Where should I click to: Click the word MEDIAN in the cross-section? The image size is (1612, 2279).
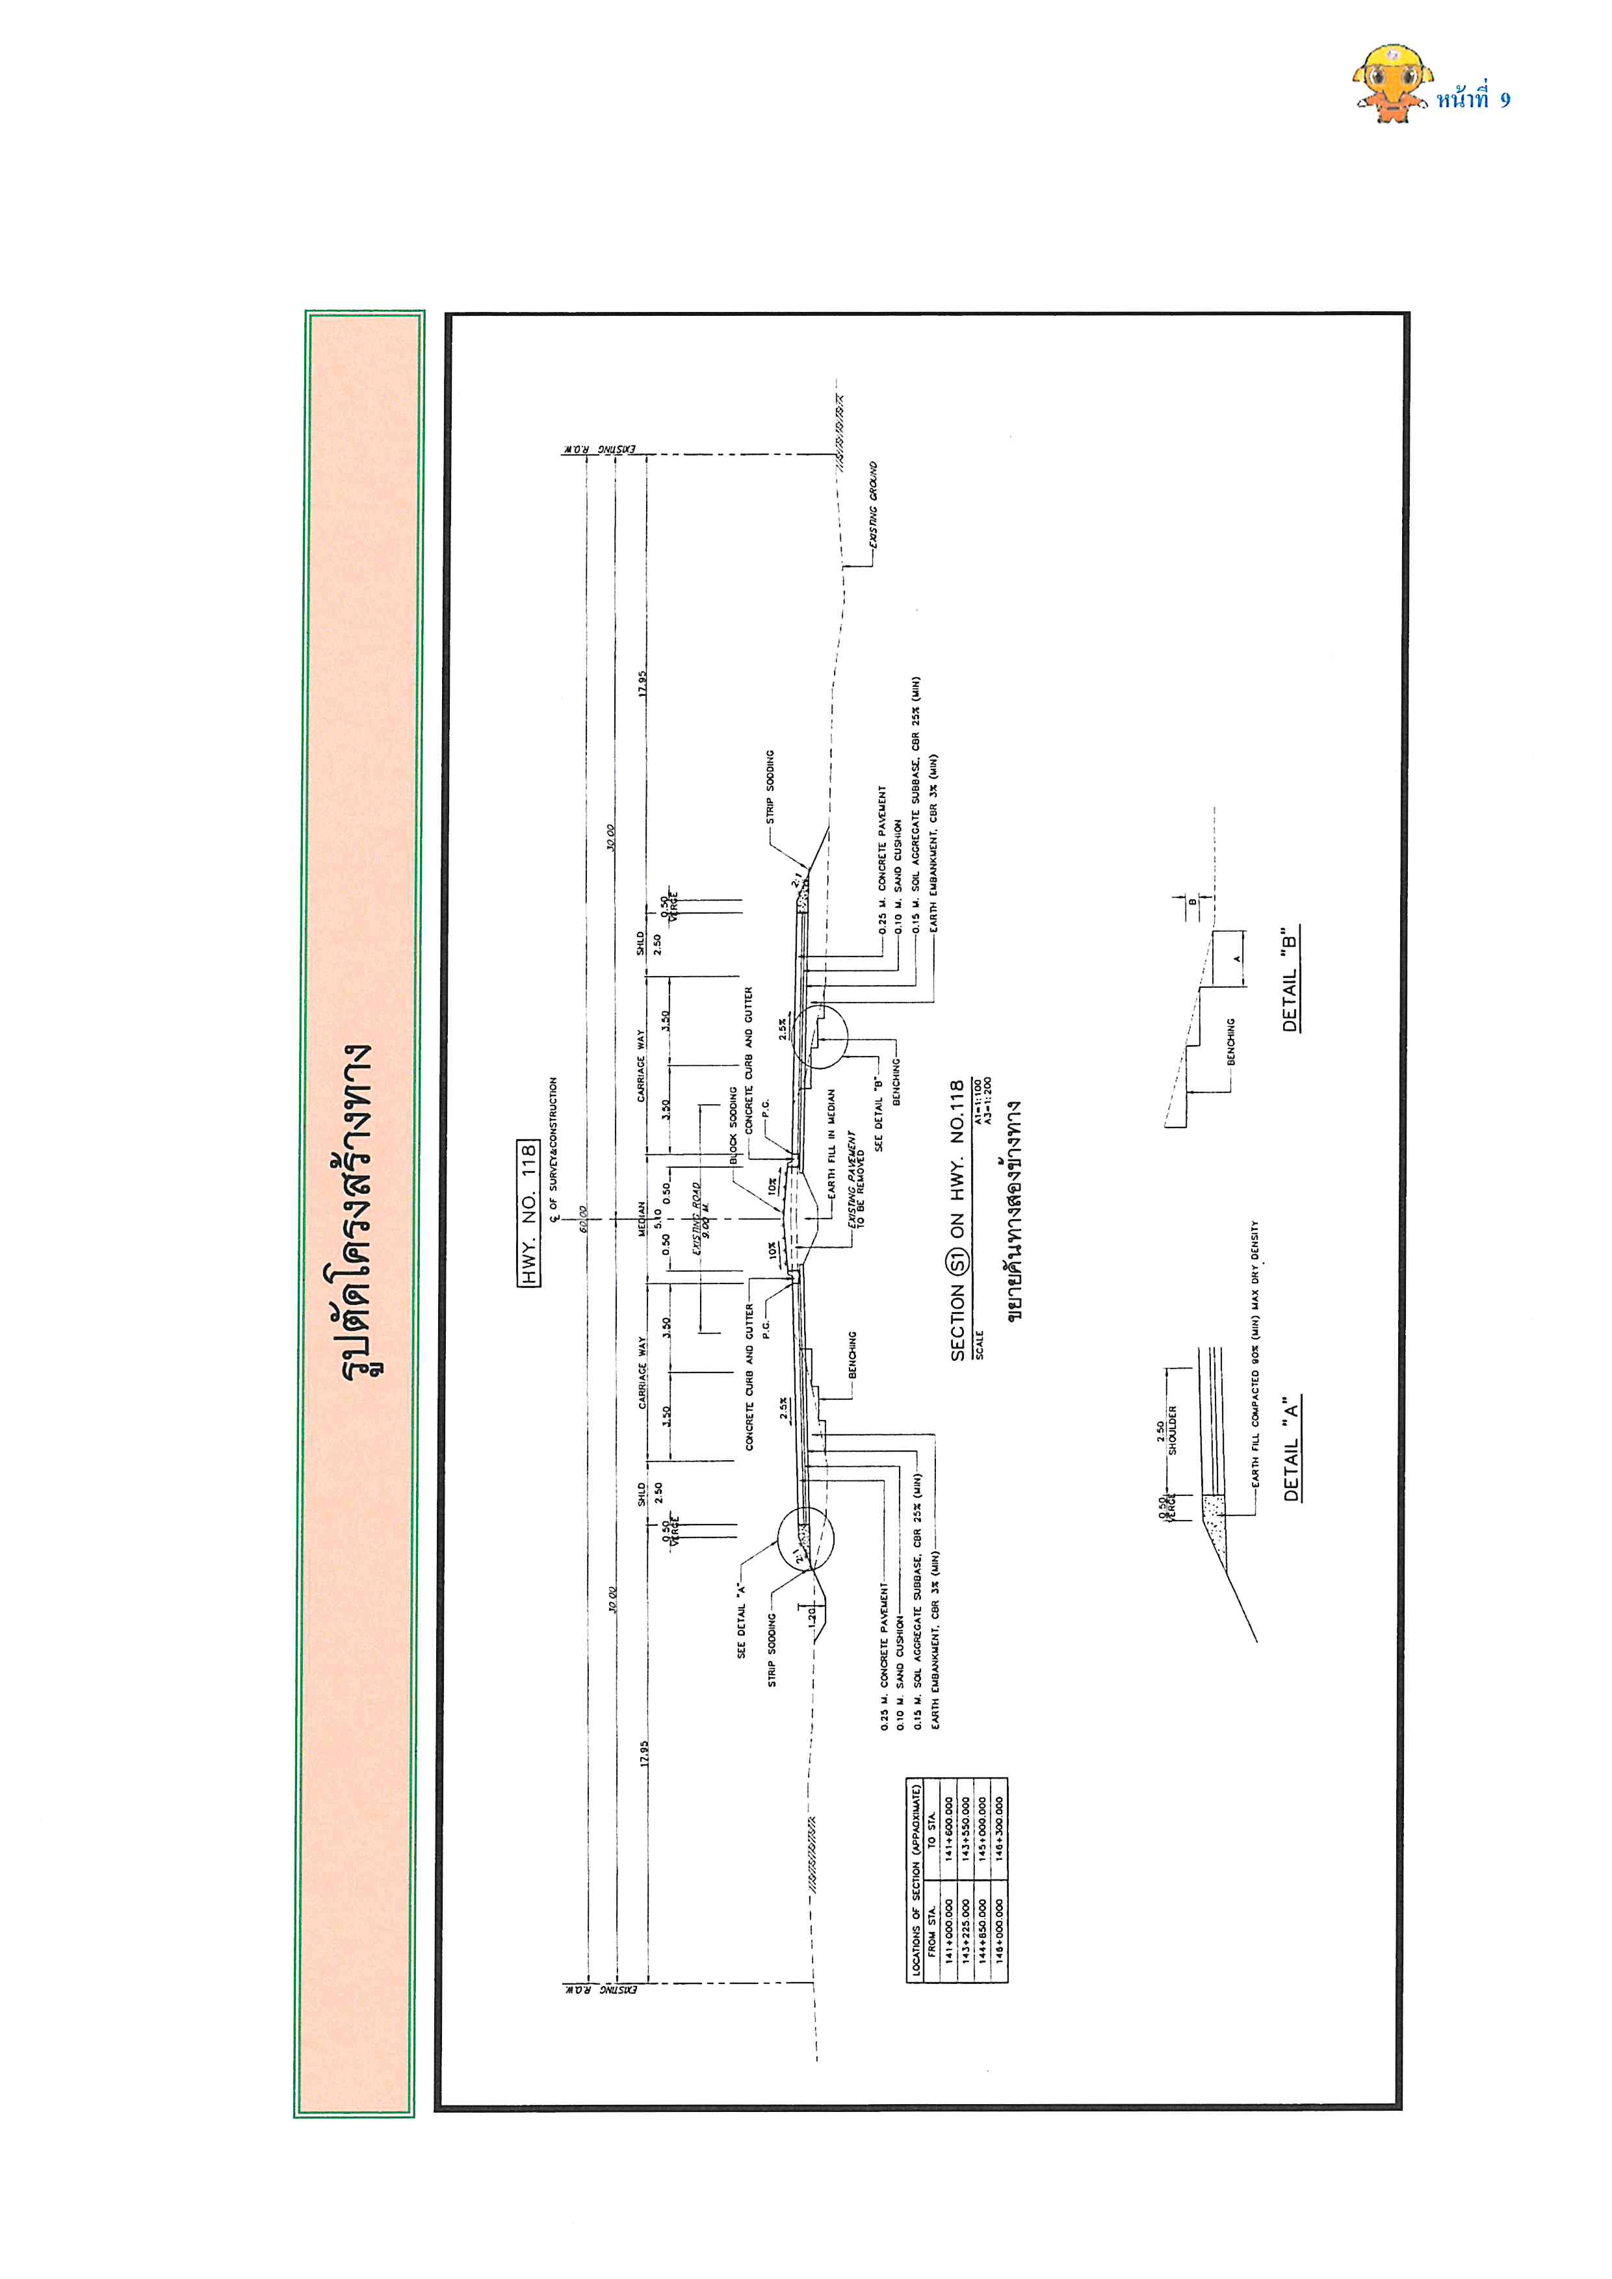pos(642,1219)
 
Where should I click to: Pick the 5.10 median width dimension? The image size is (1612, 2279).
pos(657,1219)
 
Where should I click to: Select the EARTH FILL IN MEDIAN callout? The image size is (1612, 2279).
pos(832,1142)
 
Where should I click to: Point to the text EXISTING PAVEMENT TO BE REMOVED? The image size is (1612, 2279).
pos(855,1179)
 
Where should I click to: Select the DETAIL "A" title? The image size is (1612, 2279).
pos(1290,1449)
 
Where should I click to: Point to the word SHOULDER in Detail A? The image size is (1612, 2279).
pos(1172,1430)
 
